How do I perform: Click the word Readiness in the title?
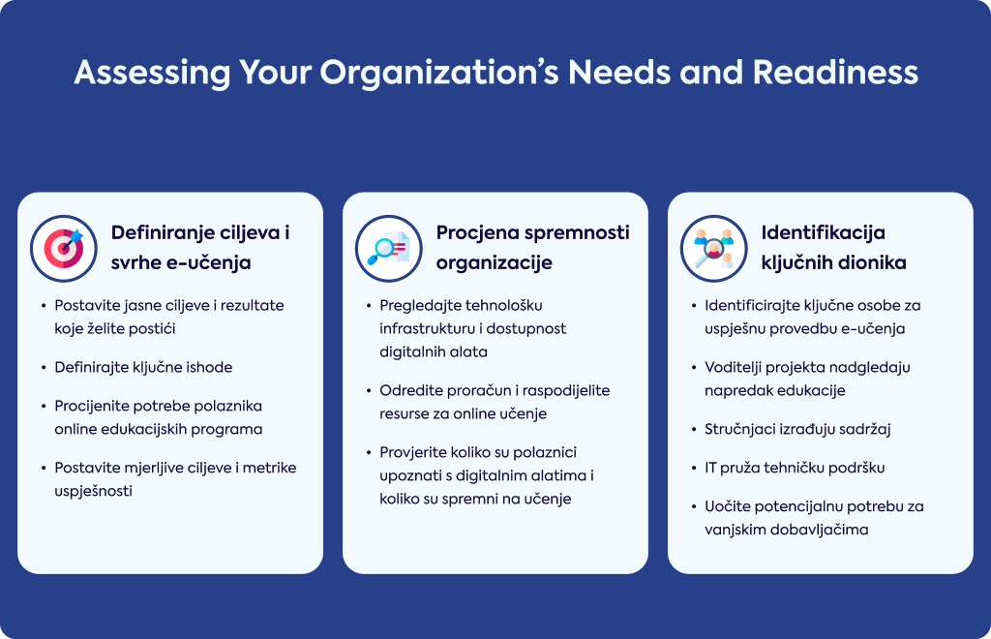coord(835,72)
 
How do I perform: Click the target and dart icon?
coord(64,249)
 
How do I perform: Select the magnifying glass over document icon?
coord(389,249)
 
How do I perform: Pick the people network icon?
coord(713,249)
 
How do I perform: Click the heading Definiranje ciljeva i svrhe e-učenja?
coord(200,247)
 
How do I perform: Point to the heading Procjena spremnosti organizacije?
coord(533,247)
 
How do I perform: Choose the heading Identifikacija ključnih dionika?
coord(833,247)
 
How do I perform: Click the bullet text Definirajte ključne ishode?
coord(143,367)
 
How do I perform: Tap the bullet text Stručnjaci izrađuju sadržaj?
coord(797,429)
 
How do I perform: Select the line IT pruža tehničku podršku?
coord(795,468)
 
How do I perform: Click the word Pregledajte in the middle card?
coord(420,306)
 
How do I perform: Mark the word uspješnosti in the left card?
coord(94,491)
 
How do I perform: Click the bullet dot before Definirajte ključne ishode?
coord(44,367)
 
